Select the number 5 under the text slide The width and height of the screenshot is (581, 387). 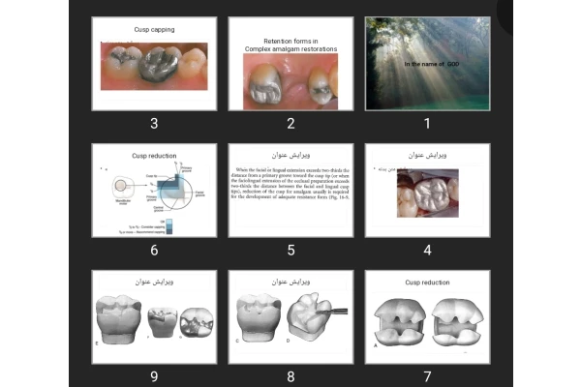pos(290,249)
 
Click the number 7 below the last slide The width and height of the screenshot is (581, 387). pos(428,375)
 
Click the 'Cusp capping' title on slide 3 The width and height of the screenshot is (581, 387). pos(154,30)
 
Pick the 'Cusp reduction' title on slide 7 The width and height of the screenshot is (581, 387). pos(427,283)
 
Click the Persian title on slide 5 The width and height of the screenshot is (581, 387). pos(290,155)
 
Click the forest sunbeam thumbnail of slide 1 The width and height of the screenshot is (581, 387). pos(428,63)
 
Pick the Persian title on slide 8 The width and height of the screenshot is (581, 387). pos(290,282)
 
